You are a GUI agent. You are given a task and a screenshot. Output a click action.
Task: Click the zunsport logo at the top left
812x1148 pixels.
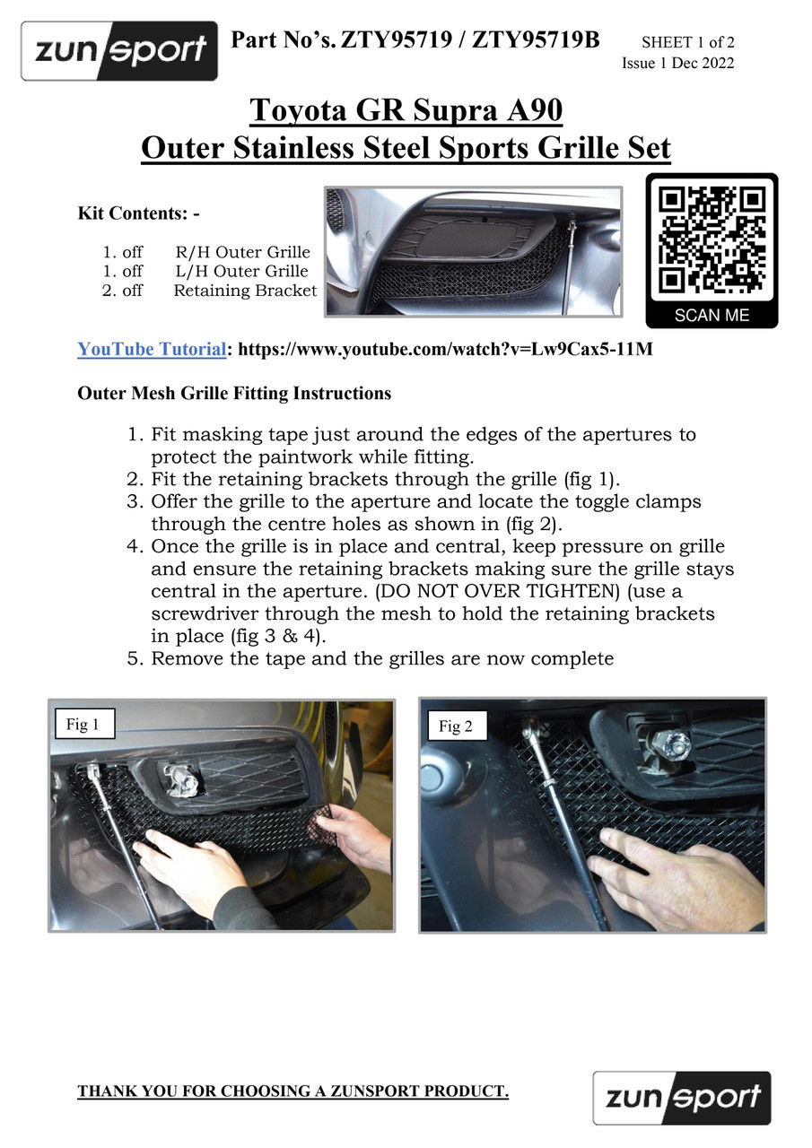(x=119, y=51)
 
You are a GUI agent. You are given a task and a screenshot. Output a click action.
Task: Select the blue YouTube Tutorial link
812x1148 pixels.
(x=152, y=349)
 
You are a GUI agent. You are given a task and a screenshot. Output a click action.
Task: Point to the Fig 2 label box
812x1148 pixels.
(x=455, y=726)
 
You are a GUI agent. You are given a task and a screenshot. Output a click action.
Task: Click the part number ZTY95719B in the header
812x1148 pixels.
(x=535, y=40)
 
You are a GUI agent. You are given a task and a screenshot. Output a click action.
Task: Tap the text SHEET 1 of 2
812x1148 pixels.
(x=687, y=42)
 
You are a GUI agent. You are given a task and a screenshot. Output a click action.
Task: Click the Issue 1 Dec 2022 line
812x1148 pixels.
(x=677, y=63)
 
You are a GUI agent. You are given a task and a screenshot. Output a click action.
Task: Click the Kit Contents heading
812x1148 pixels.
(x=138, y=213)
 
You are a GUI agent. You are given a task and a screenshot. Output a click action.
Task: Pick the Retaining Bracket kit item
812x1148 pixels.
(x=245, y=291)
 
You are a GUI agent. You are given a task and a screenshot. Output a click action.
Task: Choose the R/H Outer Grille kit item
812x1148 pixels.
(x=242, y=252)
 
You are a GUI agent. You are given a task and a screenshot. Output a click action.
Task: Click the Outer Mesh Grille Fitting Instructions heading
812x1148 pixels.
(x=234, y=393)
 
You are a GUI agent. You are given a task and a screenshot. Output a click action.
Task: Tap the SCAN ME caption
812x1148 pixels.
(x=712, y=315)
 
